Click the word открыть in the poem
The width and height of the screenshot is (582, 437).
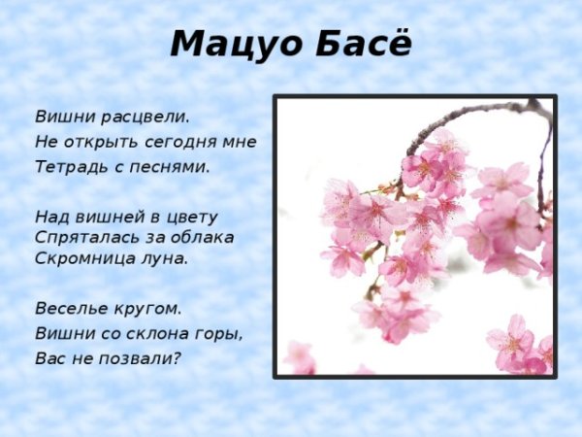102,142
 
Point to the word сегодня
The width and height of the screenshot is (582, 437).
182,142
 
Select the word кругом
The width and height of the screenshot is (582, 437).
145,309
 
